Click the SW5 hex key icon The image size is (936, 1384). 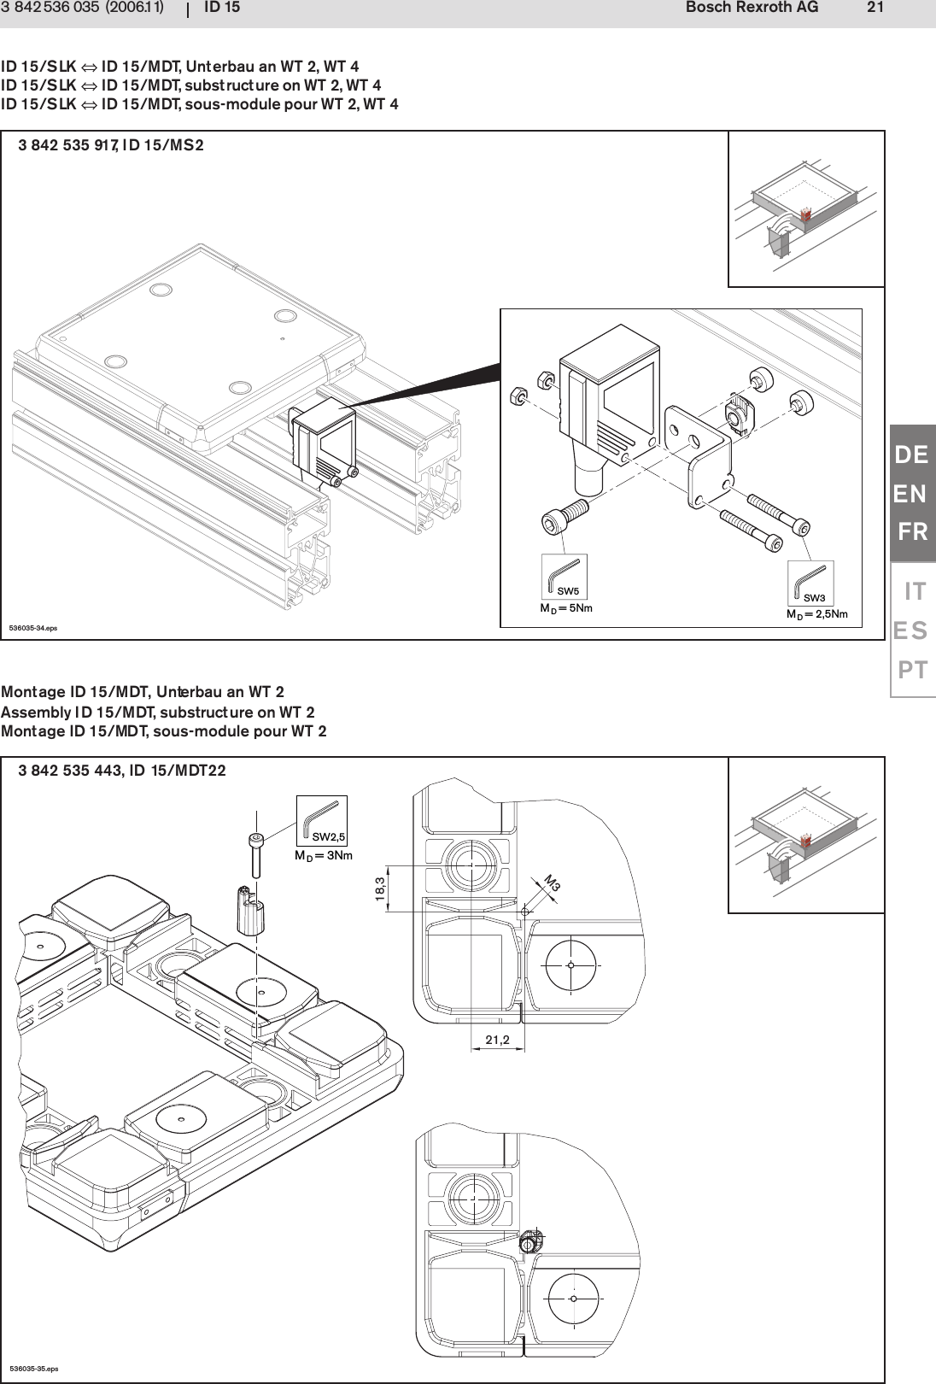coord(564,576)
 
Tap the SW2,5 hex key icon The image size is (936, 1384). coord(321,820)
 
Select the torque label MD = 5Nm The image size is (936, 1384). coord(565,609)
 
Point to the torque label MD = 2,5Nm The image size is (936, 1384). coord(816,614)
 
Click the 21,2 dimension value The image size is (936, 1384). coord(497,1040)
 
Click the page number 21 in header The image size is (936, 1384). coord(875,8)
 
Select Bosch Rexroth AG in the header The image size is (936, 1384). coord(751,8)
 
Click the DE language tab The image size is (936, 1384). coord(911,455)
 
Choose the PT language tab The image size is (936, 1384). coord(912,670)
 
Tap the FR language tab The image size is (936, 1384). coord(912,532)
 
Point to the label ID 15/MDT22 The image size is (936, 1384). coord(178,771)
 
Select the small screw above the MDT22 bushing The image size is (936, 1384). coord(255,854)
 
